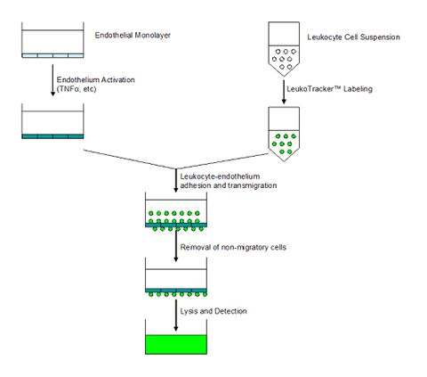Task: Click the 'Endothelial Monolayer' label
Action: coord(133,35)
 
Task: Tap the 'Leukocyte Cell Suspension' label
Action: coord(353,37)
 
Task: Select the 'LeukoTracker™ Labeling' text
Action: coord(329,89)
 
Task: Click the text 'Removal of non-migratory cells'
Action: coord(233,247)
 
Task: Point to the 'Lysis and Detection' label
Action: coord(213,311)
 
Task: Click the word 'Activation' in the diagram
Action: coord(118,79)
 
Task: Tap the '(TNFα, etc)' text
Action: coord(77,89)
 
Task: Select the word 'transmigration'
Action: coord(253,185)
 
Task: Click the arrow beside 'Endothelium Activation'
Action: coord(52,80)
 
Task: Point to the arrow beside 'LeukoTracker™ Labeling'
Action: coord(284,92)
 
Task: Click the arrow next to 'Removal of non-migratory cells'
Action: coord(176,245)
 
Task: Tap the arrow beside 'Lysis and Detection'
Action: coord(176,316)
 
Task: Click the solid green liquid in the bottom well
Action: coord(176,344)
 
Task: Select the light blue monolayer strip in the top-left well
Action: coord(52,55)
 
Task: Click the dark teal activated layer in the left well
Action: coord(52,136)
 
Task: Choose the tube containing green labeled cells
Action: coord(284,134)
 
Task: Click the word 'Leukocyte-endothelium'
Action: coord(220,176)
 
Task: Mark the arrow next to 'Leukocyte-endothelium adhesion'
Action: coord(176,180)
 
